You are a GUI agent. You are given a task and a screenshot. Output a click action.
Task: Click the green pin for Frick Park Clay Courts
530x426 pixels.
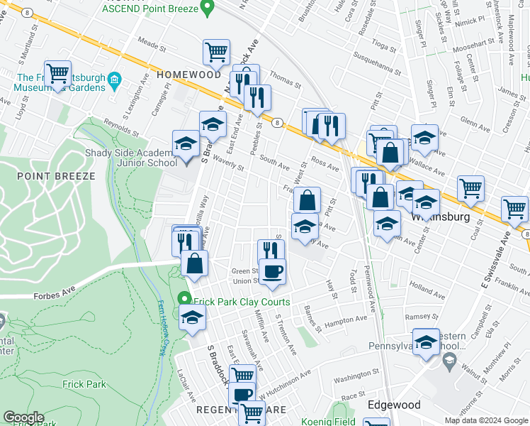tap(184, 299)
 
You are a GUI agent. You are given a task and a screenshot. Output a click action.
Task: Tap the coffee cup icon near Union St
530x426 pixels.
tap(273, 271)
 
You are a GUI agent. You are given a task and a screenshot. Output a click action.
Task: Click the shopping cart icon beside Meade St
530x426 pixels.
tap(216, 51)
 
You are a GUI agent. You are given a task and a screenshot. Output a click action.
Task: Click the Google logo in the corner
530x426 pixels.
tap(23, 417)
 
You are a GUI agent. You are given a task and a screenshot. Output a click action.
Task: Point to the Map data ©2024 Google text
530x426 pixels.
tap(486, 420)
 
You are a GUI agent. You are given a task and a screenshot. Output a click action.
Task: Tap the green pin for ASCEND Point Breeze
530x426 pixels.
tap(207, 9)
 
